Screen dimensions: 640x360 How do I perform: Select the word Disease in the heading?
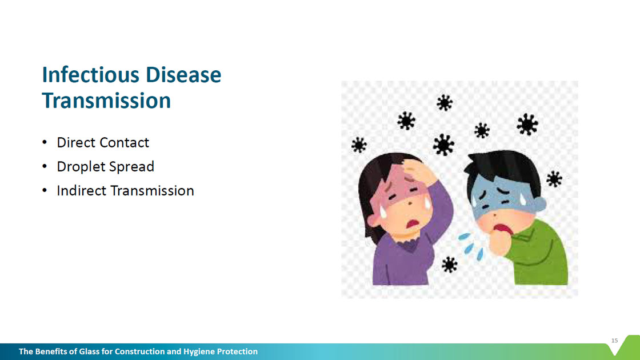[183, 75]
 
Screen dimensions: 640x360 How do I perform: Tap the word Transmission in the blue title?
[106, 101]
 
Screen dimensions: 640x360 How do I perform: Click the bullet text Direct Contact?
[103, 142]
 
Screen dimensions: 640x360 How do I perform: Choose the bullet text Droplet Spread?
[105, 166]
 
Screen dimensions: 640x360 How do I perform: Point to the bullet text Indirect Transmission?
[125, 191]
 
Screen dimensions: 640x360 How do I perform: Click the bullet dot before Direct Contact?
[45, 142]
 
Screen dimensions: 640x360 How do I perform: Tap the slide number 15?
[615, 341]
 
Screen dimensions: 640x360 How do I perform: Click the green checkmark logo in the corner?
[625, 346]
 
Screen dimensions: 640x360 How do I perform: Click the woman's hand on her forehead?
[421, 172]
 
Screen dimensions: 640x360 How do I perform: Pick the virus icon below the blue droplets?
[449, 265]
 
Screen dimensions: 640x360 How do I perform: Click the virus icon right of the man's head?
[554, 179]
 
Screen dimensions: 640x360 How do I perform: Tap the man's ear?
[539, 204]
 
